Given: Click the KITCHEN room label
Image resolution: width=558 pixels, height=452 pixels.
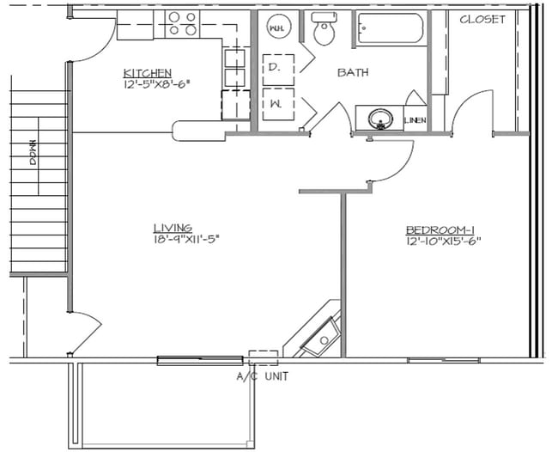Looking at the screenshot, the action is tap(148, 73).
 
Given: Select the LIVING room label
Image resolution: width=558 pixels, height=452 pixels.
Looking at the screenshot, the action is tap(173, 228).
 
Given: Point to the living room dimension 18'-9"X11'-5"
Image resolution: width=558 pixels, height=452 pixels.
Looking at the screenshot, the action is tap(185, 239).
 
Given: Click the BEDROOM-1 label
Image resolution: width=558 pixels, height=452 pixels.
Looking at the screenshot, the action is tap(440, 229).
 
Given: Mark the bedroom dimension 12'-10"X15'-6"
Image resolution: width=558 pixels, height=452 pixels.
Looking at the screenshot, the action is tap(443, 241).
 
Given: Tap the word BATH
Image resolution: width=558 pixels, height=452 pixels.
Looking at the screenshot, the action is tap(353, 72).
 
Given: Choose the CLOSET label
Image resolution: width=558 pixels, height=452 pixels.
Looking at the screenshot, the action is tap(482, 19).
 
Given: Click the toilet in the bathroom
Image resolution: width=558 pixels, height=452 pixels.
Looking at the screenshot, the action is tap(324, 28).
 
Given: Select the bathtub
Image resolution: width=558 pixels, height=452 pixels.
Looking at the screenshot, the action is tap(391, 28).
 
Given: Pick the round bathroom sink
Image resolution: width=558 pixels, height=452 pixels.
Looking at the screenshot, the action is tap(380, 119).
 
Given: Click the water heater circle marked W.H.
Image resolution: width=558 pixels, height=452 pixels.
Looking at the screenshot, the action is tap(279, 27).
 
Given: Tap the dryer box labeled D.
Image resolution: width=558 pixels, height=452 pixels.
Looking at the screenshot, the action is tap(278, 70).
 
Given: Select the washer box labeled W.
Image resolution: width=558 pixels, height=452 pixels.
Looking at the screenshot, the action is tap(278, 104).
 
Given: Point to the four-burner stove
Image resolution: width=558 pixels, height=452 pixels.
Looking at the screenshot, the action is tap(182, 24).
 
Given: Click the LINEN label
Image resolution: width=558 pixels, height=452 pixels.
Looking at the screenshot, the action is tap(415, 120).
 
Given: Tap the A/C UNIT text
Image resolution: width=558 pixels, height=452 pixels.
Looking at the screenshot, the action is tap(263, 376).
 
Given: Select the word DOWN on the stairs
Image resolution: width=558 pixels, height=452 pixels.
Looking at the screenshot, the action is tap(33, 152).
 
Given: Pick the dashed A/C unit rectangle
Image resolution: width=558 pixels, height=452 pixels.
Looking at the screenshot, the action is tap(264, 358).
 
